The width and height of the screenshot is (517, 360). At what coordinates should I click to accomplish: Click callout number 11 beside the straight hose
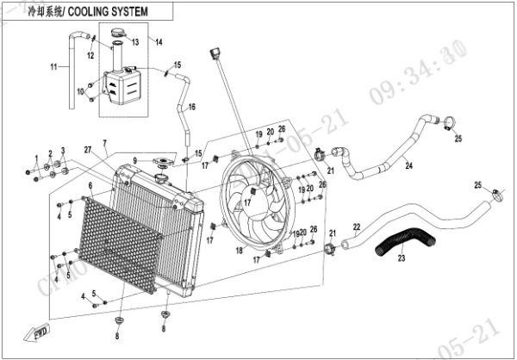(53, 67)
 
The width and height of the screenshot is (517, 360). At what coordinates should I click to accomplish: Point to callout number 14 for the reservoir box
(159, 42)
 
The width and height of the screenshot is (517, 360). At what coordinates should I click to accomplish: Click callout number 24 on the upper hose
(408, 164)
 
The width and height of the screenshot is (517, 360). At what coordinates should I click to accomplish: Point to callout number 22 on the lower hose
(356, 227)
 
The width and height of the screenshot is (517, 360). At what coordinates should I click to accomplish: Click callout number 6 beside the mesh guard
(90, 184)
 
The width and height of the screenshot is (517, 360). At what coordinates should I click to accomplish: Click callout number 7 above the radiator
(104, 142)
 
